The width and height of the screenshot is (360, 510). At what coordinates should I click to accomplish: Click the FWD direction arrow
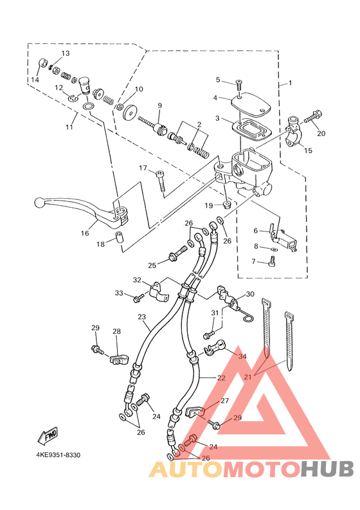[x=48, y=435]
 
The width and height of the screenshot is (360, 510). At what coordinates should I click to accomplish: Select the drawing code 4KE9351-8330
[x=59, y=455]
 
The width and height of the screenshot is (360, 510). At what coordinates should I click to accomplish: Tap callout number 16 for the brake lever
[x=85, y=233]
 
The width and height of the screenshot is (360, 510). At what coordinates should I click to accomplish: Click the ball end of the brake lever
[x=39, y=203]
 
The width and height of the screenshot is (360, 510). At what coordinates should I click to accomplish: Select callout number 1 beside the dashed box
[x=291, y=82]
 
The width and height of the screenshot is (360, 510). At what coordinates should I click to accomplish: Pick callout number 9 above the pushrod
[x=159, y=105]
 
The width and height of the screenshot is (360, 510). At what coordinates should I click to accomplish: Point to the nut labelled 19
[x=228, y=205]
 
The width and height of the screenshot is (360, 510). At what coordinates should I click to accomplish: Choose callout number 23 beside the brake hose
[x=142, y=316]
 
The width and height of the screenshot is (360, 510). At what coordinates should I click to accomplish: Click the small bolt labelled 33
[x=139, y=298]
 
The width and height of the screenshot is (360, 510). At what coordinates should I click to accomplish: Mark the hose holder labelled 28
[x=119, y=360]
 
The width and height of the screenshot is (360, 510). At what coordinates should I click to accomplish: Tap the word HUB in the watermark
[x=327, y=469]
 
